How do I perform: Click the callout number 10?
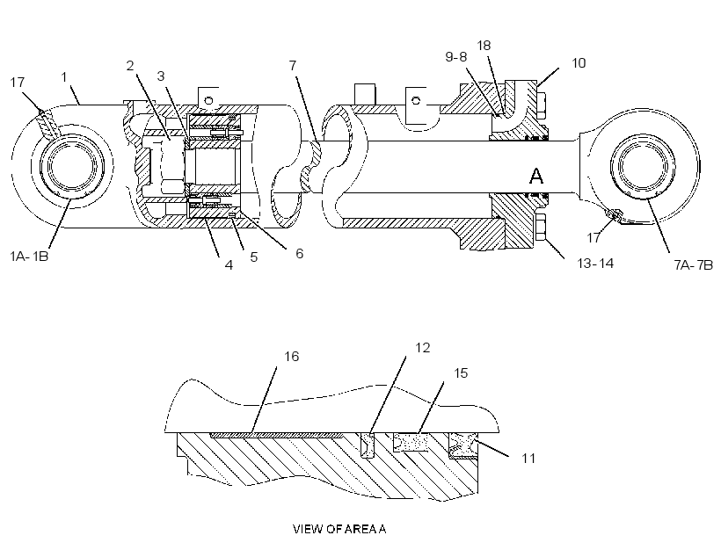pos(579,63)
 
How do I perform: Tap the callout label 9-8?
pos(456,56)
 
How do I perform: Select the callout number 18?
pos(484,46)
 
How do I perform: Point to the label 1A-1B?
pos(29,256)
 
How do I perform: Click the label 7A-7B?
pos(694,264)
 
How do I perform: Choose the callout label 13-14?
pos(595,263)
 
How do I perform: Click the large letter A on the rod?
pos(536,176)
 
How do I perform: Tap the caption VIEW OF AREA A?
pos(339,529)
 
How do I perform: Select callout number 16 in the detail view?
pos(292,356)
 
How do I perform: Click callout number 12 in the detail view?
pos(423,347)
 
